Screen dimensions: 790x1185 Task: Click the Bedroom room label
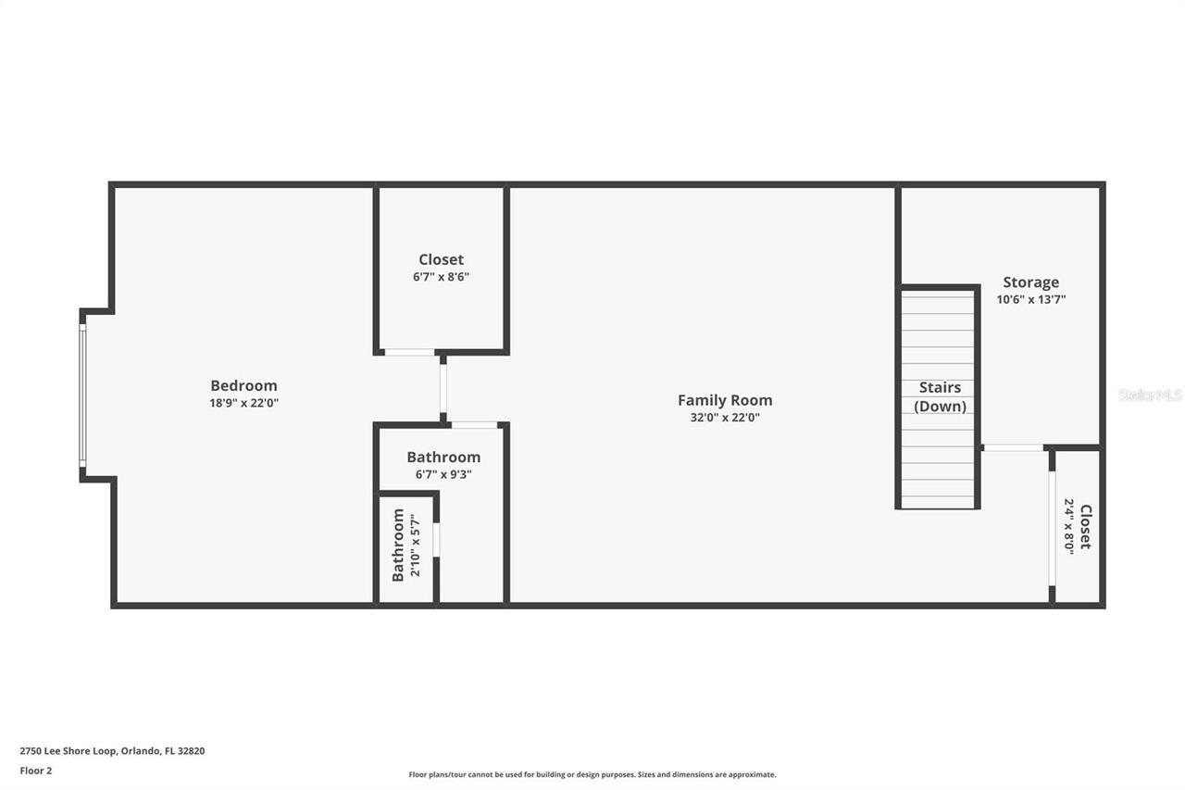pos(243,385)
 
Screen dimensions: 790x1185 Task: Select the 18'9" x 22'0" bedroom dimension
pos(243,403)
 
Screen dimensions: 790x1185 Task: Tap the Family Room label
pos(725,400)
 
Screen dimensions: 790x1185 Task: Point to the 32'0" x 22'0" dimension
pos(725,418)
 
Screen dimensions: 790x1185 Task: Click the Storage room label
pos(1030,282)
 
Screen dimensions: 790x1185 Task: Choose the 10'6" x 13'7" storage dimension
pos(1030,299)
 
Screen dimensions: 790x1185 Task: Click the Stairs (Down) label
pos(940,396)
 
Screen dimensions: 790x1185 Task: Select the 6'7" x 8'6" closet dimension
pos(441,277)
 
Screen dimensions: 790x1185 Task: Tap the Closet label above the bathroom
pos(441,259)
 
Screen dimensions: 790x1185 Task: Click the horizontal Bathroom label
pos(443,457)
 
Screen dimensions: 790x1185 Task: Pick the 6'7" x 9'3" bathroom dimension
pos(443,474)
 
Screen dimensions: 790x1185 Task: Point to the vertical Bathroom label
pos(398,545)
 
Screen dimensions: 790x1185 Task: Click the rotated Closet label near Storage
pos(1085,526)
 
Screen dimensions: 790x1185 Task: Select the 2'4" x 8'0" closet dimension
pos(1068,526)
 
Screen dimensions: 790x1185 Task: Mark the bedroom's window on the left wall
pos(82,395)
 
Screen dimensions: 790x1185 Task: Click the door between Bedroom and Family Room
pos(443,389)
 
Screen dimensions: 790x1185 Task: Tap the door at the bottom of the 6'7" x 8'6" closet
pos(410,352)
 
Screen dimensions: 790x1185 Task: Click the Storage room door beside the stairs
pos(1012,448)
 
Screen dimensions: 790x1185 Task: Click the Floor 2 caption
pos(36,770)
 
